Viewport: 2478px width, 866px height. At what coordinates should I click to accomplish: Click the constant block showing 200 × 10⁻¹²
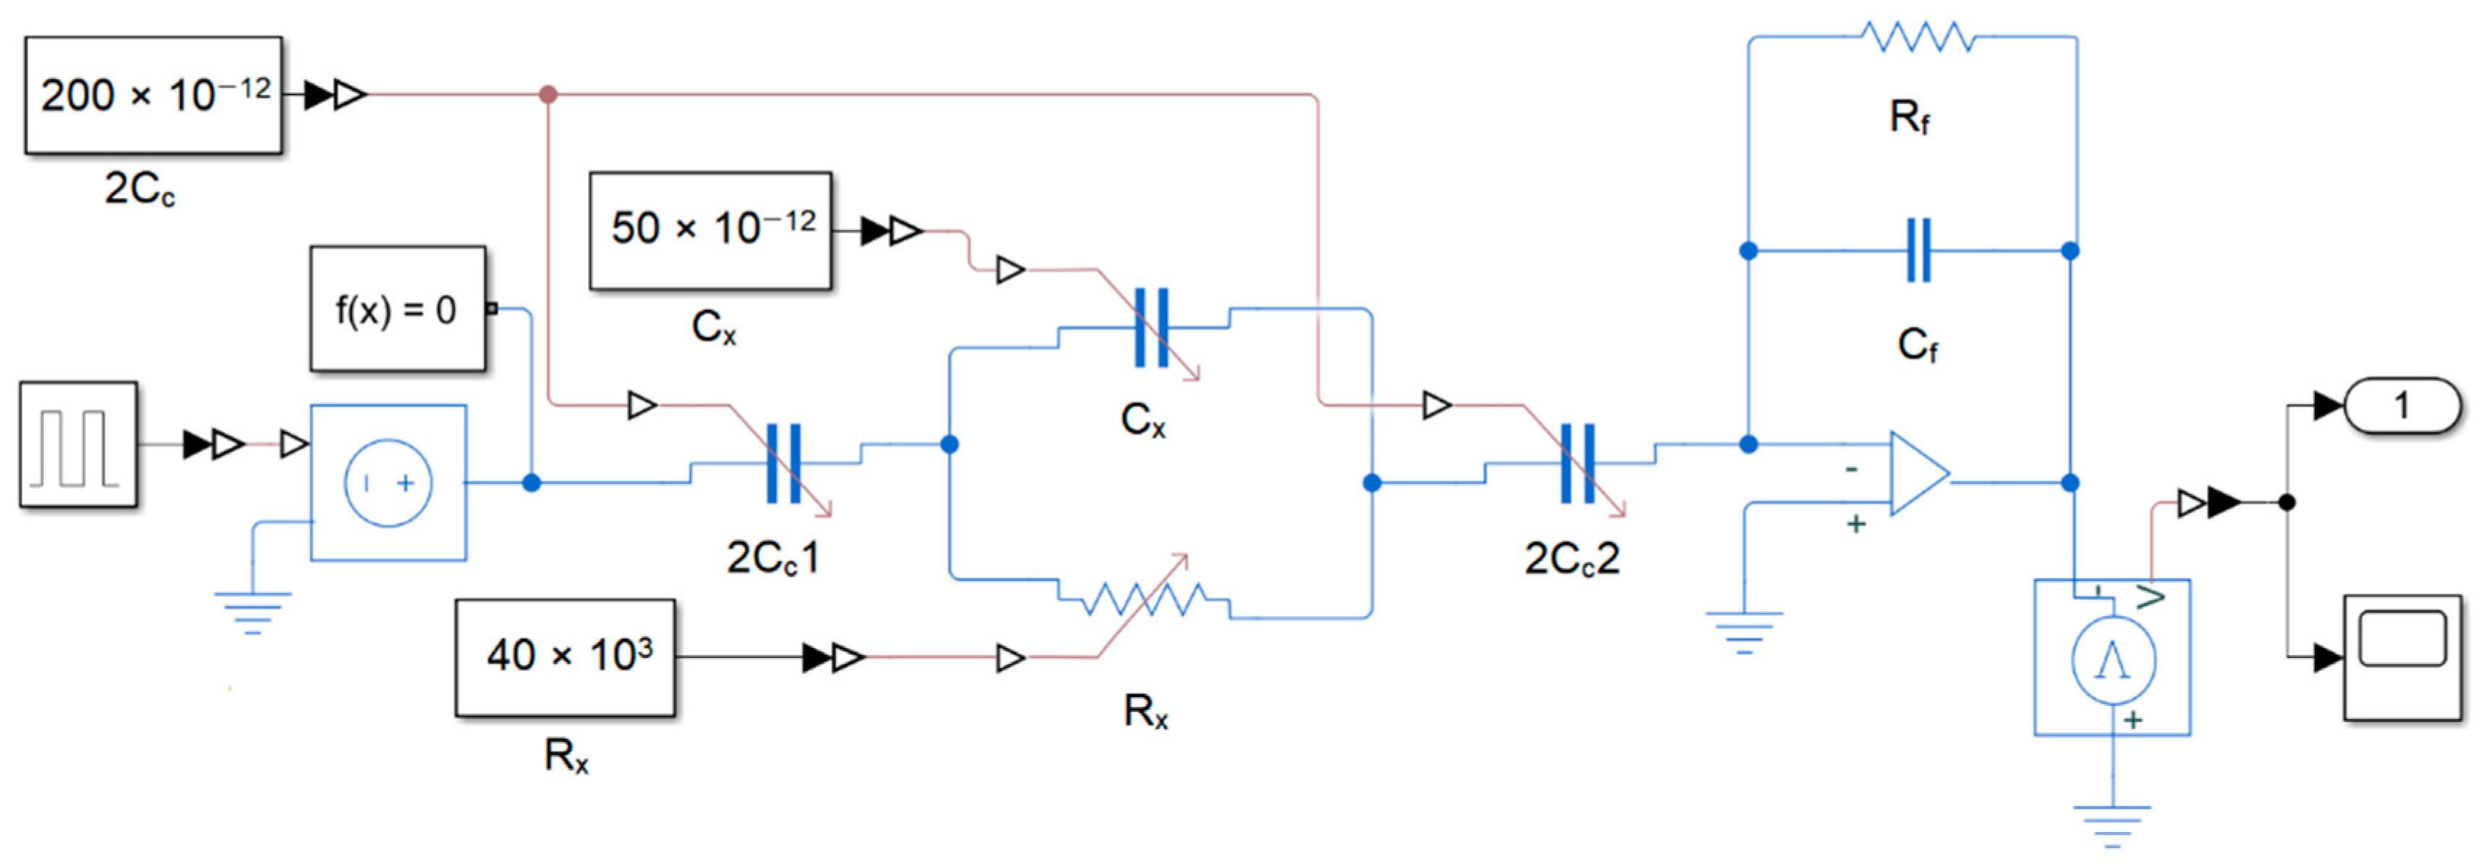154,95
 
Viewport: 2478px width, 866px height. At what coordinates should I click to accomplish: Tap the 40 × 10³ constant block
566,657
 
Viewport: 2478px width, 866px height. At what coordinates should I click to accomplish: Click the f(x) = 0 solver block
398,309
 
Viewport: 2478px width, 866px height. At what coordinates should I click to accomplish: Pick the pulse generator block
79,444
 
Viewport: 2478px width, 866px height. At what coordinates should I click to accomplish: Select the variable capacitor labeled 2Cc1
784,464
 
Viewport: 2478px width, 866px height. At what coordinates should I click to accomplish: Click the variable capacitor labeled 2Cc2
1578,464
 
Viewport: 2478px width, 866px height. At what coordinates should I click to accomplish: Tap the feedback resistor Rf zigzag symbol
1918,38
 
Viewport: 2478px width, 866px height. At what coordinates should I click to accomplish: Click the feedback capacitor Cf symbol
1918,250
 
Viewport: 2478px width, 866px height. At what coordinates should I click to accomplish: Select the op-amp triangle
1918,473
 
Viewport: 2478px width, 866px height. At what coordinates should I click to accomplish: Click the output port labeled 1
2402,405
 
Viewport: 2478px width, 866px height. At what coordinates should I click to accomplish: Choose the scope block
2402,657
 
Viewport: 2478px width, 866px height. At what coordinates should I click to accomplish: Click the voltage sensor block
2112,658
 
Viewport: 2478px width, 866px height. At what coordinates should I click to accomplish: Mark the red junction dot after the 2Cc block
548,94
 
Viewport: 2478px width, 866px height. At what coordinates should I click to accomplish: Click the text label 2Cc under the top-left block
140,188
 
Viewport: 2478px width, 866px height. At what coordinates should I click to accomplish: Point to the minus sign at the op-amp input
1851,469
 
